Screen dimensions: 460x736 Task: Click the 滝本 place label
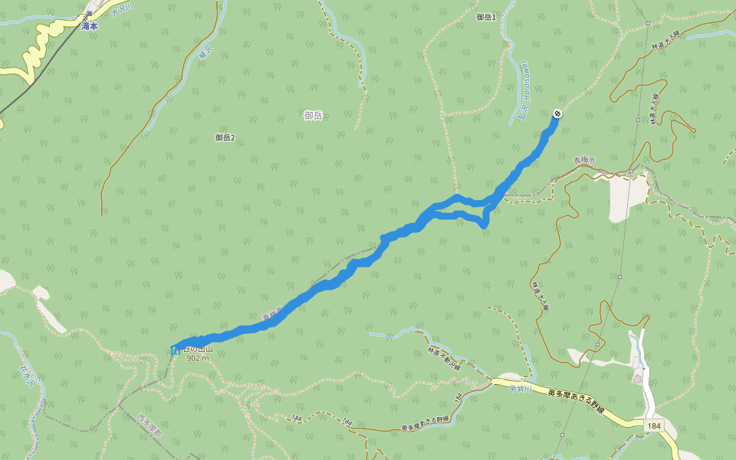(89, 25)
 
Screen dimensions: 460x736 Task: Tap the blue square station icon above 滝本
(90, 14)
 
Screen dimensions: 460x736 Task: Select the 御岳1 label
(486, 17)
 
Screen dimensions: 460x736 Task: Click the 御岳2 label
(225, 137)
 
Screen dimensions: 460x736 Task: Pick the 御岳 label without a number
(313, 115)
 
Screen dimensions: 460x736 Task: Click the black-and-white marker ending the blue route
(557, 113)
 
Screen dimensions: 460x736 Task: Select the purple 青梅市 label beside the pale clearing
(584, 160)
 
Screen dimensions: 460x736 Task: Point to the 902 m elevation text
(197, 358)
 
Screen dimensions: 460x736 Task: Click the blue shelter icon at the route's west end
(176, 350)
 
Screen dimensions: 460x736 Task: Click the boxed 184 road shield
(653, 425)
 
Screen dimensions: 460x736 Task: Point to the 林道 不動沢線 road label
(444, 357)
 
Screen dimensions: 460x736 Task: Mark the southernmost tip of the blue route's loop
(485, 227)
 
